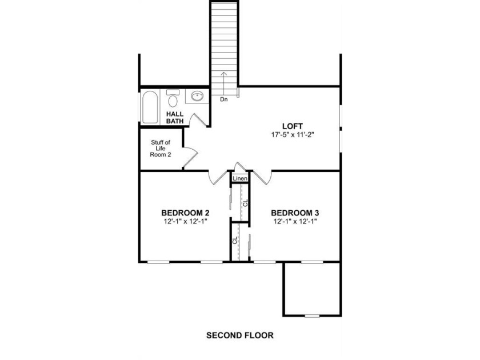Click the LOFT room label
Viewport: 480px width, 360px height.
click(x=293, y=126)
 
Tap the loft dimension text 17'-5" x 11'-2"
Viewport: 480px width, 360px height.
click(x=293, y=135)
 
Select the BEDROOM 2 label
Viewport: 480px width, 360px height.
click(x=185, y=213)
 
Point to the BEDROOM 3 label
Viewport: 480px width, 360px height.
click(x=295, y=213)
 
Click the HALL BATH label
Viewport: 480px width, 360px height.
click(x=175, y=118)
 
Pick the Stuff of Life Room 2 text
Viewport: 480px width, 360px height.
click(x=161, y=149)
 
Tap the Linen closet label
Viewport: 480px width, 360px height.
click(x=240, y=178)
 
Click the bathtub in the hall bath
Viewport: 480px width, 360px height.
click(x=150, y=107)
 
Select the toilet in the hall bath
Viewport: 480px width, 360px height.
click(x=173, y=98)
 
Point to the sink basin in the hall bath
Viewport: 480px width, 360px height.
click(x=197, y=96)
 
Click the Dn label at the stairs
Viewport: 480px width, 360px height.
click(x=224, y=99)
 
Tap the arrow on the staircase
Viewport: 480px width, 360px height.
click(x=224, y=83)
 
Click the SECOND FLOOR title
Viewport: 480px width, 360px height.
click(x=240, y=335)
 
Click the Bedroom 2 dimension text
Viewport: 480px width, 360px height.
click(x=186, y=221)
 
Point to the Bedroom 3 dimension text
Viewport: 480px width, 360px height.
click(x=295, y=221)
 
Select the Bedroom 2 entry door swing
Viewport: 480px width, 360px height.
click(x=218, y=178)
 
